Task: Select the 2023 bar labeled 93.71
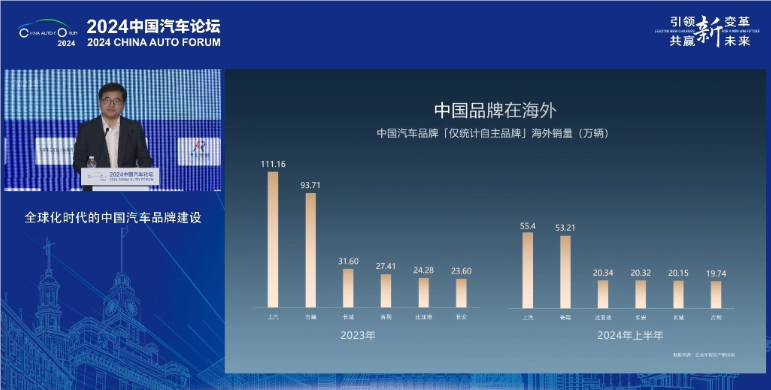tap(310, 249)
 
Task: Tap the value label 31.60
tap(348, 262)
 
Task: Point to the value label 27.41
tap(385, 267)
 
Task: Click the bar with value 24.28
tap(423, 291)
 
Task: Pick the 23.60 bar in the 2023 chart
tap(461, 292)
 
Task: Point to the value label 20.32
tap(640, 272)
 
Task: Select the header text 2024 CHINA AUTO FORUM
tap(153, 43)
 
